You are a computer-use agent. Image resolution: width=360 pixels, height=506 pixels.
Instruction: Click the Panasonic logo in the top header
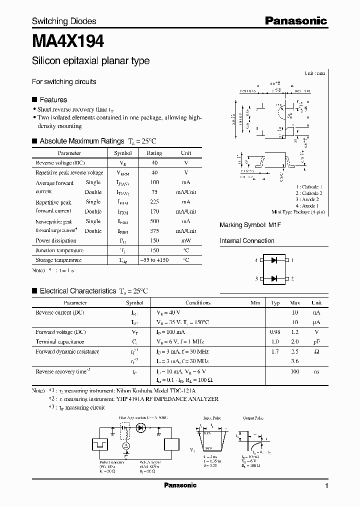click(295, 20)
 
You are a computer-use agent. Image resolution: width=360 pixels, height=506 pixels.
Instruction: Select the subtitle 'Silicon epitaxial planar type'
click(90, 61)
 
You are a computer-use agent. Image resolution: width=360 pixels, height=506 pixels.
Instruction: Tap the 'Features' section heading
click(53, 99)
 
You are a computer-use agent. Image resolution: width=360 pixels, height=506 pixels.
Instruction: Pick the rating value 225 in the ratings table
click(154, 202)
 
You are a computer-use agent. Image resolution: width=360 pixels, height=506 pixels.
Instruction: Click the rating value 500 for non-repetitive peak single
click(154, 221)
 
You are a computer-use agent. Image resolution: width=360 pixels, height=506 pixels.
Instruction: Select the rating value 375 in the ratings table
click(154, 231)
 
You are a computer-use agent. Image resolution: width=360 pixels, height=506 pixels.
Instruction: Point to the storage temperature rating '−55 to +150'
click(154, 260)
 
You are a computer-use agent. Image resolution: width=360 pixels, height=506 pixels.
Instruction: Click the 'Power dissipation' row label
click(56, 240)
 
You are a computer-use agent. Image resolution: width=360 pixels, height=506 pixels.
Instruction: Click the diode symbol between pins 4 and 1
click(273, 260)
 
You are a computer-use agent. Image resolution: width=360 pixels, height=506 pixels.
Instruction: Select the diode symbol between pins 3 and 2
click(273, 278)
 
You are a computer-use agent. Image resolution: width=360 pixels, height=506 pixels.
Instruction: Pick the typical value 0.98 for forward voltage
click(275, 332)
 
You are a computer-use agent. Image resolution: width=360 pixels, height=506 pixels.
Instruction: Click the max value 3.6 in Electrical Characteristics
click(294, 361)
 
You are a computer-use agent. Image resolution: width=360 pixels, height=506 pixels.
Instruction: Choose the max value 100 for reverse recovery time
click(294, 372)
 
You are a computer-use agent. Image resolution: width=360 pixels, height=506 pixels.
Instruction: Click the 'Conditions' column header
click(198, 303)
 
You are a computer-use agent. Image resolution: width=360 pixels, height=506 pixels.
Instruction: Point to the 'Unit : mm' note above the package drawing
click(314, 73)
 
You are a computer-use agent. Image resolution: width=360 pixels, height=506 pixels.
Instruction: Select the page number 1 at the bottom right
click(326, 486)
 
